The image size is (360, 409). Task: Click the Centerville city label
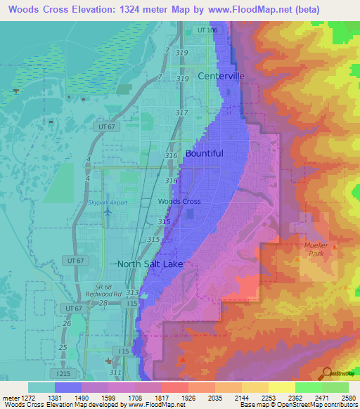[x=221, y=76]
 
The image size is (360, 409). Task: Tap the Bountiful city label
[x=204, y=153]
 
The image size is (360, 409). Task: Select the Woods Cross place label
[x=179, y=202]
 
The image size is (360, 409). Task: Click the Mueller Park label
[x=315, y=249]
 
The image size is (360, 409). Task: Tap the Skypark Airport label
[x=108, y=202]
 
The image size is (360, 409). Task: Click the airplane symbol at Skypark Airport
[x=108, y=212]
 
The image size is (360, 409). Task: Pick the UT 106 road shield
[x=207, y=30]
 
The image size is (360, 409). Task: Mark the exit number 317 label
[x=181, y=112]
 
